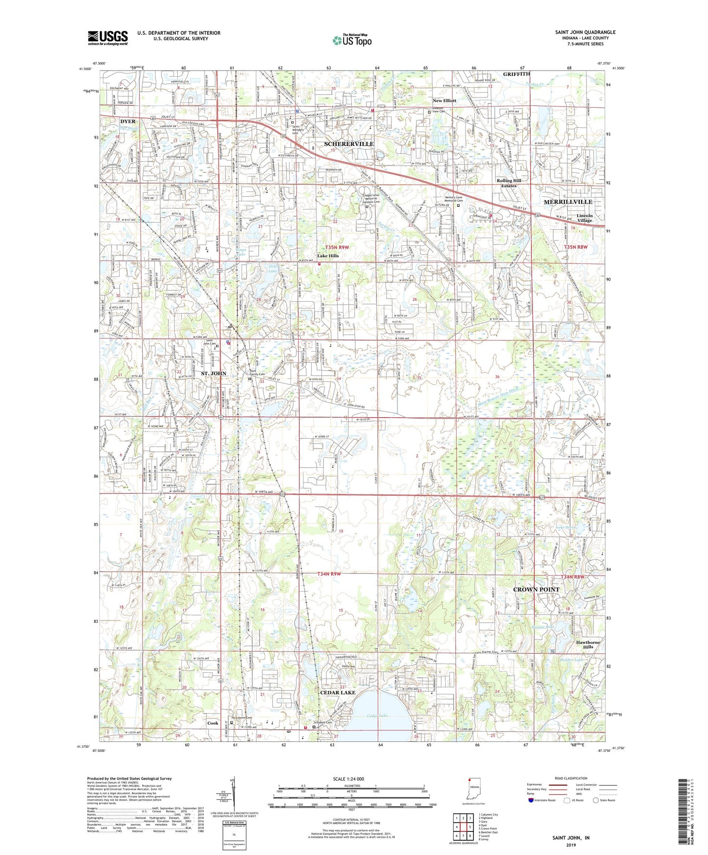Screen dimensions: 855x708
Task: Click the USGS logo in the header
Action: (107, 37)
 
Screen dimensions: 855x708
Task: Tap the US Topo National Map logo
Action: (352, 40)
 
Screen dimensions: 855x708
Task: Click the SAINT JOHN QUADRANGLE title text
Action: (585, 32)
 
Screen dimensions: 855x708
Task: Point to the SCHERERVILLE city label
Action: (349, 144)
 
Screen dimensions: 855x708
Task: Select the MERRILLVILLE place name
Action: (568, 202)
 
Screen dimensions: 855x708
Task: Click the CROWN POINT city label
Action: (536, 589)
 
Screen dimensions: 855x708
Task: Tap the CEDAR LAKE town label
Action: (338, 692)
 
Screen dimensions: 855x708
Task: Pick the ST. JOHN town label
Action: (215, 374)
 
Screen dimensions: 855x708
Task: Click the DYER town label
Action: (128, 121)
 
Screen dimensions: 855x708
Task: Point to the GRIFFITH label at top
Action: (516, 74)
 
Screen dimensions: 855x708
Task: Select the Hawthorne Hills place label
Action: (588, 644)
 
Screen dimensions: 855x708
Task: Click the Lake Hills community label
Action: (328, 256)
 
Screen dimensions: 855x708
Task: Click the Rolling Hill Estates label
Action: (509, 183)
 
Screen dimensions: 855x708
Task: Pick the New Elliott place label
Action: (444, 100)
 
